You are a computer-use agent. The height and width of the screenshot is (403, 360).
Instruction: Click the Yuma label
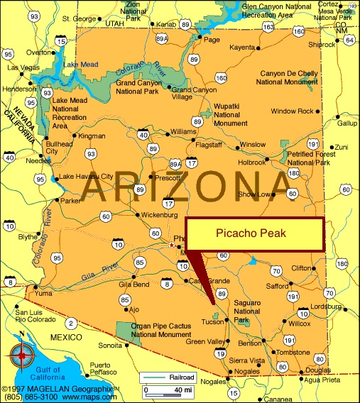(x=44, y=293)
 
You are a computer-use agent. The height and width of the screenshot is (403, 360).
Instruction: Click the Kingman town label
(x=92, y=136)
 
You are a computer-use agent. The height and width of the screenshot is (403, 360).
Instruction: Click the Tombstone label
(x=293, y=353)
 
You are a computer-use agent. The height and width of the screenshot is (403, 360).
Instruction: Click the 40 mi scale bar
(x=169, y=390)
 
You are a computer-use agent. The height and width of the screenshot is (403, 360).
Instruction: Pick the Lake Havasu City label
(x=86, y=176)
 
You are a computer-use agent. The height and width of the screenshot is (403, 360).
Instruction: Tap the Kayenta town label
(x=241, y=48)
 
